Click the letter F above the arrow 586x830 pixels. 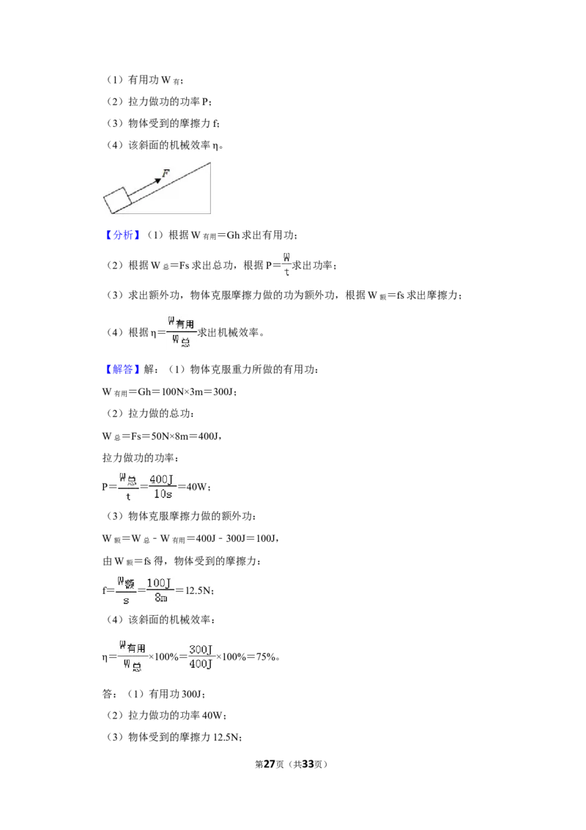[166, 173]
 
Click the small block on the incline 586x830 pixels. [117, 200]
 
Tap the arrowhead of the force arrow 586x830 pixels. [157, 181]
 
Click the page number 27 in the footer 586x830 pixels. [270, 764]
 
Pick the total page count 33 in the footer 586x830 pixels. [308, 764]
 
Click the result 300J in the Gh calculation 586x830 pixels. [223, 392]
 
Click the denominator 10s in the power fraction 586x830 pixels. [163, 494]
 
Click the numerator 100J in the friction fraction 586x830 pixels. [159, 583]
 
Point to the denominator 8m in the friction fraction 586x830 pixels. [160, 598]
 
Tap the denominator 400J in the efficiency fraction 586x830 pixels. [201, 664]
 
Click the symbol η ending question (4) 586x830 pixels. [216, 146]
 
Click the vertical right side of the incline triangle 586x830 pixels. [210, 188]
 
